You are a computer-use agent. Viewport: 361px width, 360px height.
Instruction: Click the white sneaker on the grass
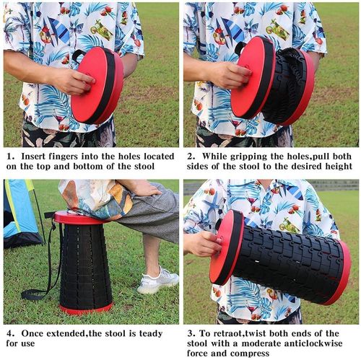pos(157,281)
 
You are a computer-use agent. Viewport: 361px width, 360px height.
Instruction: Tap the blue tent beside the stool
pos(20,214)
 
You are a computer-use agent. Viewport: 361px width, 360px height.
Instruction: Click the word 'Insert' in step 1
pos(33,157)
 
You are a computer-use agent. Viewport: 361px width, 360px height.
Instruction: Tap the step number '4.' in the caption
pos(12,334)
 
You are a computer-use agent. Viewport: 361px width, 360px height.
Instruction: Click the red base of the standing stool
pos(86,309)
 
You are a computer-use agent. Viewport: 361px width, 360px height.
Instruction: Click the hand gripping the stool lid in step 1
pos(74,81)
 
